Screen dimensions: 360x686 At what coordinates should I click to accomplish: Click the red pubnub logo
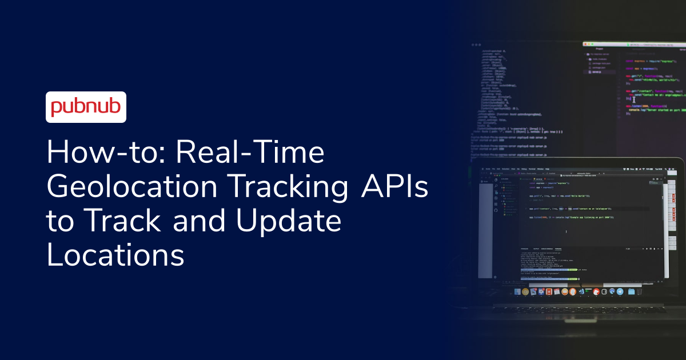tap(86, 107)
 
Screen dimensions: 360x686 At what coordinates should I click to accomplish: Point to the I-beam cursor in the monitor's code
tap(633, 99)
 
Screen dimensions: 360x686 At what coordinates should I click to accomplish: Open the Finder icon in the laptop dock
tap(518, 291)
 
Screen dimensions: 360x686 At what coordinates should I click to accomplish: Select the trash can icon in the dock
tap(640, 291)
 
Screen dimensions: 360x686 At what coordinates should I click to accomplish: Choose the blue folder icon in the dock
tap(631, 291)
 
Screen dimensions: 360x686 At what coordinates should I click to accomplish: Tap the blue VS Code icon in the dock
tap(580, 291)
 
